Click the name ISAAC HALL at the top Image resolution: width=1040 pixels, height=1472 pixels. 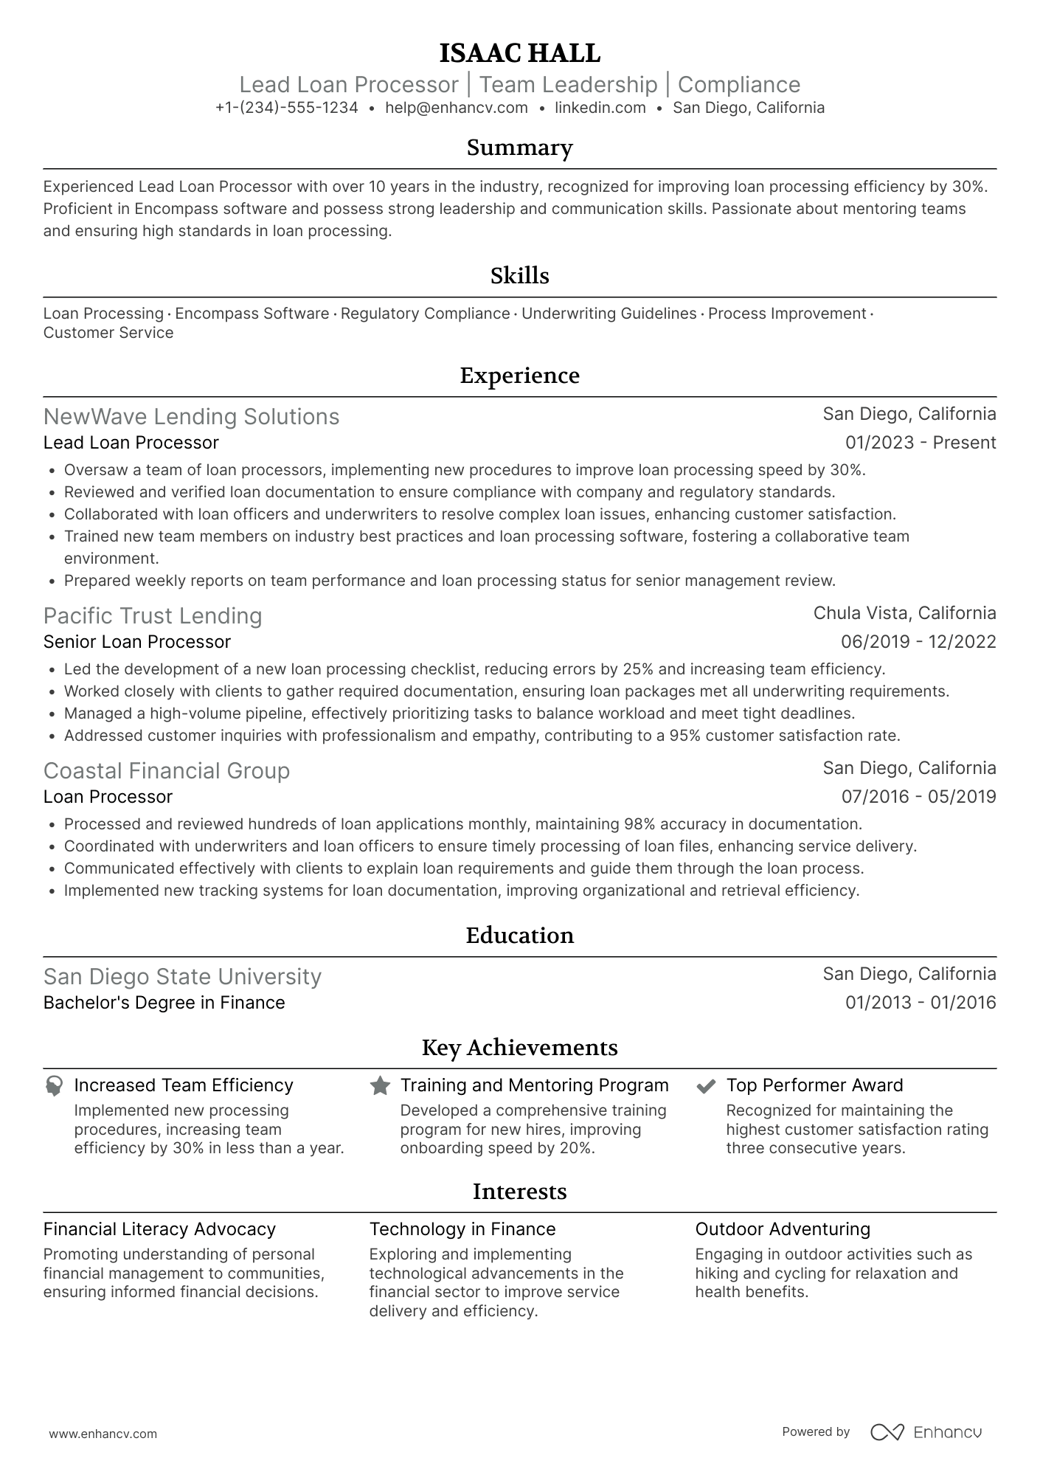point(519,53)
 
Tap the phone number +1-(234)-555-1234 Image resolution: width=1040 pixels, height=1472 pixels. point(286,108)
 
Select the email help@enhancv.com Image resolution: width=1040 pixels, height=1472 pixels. point(456,108)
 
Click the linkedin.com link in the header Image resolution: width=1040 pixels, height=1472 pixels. point(600,108)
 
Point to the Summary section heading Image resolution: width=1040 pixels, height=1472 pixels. point(519,148)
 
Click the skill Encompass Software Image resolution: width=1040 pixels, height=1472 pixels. point(252,314)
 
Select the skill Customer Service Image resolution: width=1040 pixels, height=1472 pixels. point(108,333)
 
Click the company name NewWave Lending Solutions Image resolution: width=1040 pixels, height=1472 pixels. point(191,417)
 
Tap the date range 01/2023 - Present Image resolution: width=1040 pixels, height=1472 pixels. point(920,443)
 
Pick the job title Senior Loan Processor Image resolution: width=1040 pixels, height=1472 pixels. point(136,642)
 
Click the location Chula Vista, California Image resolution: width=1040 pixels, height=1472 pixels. point(904,613)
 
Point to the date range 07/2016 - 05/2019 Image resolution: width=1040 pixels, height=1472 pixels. point(918,797)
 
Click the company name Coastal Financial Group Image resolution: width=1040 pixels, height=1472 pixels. point(166,771)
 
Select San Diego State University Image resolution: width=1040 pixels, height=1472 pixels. point(182,977)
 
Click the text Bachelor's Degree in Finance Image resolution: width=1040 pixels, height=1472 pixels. point(164,1003)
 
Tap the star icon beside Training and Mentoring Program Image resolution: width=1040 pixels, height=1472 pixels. point(380,1085)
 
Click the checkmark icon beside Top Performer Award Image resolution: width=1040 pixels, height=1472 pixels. point(706,1085)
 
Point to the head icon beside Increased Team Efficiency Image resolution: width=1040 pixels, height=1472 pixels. point(54,1085)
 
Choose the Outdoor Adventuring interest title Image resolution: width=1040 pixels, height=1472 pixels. point(782,1229)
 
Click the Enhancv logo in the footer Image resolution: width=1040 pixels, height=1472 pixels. point(926,1432)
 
